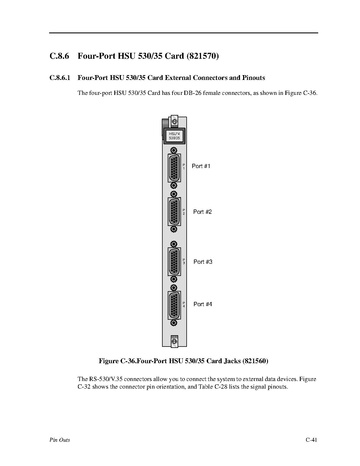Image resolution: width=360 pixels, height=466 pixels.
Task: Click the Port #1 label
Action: click(x=201, y=166)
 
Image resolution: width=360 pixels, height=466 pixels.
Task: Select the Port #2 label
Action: click(x=202, y=212)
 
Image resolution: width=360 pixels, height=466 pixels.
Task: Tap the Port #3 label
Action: click(x=203, y=262)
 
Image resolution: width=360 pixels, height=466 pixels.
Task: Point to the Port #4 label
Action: click(x=203, y=304)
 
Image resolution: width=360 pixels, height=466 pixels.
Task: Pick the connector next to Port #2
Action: click(x=174, y=212)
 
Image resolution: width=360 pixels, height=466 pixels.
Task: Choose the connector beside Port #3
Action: click(x=174, y=262)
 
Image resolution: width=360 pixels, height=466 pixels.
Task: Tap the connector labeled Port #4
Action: click(x=174, y=305)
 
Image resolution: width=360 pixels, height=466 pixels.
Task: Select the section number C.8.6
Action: click(x=59, y=56)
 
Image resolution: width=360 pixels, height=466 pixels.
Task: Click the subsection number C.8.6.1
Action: click(x=60, y=78)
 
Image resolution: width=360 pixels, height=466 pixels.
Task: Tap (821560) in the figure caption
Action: click(x=255, y=361)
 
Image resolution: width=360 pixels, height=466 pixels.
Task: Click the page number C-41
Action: click(x=311, y=440)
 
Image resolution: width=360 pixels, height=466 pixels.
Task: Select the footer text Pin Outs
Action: click(x=60, y=440)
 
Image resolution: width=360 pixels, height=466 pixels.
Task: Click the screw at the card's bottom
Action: click(x=174, y=341)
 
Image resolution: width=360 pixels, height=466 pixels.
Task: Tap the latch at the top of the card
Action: click(x=174, y=121)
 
